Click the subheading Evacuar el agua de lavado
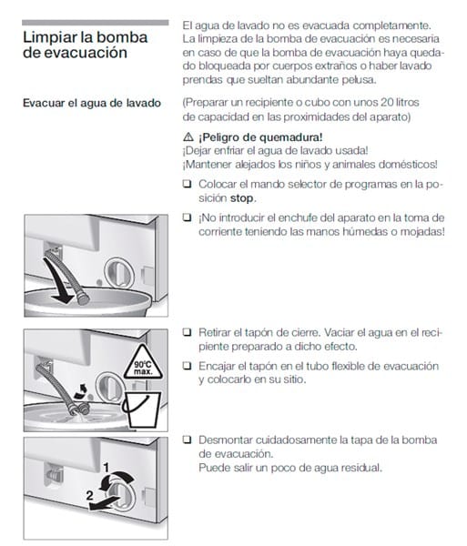click(x=92, y=103)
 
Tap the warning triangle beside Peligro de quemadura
click(x=188, y=136)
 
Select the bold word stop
click(x=241, y=198)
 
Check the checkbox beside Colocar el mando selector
click(x=188, y=184)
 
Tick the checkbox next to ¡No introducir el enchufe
click(x=188, y=217)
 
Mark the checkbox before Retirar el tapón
click(x=188, y=332)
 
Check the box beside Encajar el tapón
click(x=188, y=366)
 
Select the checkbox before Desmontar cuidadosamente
click(x=188, y=440)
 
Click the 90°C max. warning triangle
click(x=143, y=364)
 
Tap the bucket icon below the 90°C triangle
click(x=141, y=409)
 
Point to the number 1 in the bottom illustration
click(x=107, y=468)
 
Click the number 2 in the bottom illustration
click(x=89, y=495)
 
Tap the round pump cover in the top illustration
click(x=118, y=273)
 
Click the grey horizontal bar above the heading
click(x=95, y=23)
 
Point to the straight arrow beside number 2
click(x=103, y=503)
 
